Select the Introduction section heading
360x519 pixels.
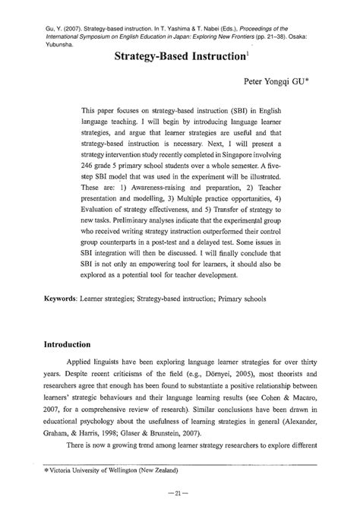77,343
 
